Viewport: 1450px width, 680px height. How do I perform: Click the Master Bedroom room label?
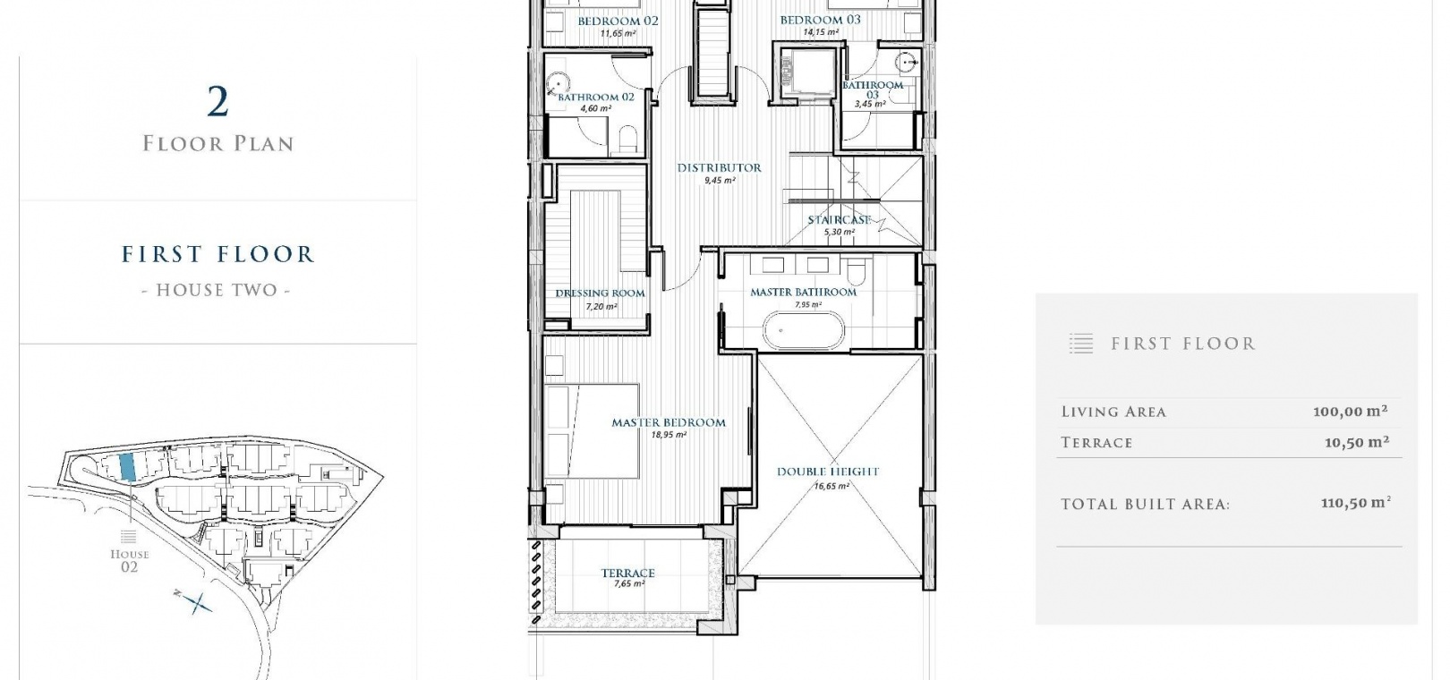669,422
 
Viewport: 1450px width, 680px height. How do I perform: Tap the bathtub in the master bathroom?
804,331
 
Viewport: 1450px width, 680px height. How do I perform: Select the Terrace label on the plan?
628,574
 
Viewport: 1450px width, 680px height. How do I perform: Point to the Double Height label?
828,472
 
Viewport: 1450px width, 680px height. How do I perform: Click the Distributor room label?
719,167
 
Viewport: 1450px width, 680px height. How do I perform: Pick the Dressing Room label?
600,293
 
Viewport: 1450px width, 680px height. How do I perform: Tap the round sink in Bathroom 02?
558,84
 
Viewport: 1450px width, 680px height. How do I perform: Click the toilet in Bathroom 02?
628,138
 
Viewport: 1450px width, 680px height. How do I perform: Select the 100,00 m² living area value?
1351,412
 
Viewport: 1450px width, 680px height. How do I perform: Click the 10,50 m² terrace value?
1357,443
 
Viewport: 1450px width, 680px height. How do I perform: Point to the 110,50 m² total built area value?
1356,504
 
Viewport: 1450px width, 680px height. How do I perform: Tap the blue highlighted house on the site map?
127,466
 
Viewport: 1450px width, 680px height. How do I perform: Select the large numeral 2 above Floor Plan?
218,102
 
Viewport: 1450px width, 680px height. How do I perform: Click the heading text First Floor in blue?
218,253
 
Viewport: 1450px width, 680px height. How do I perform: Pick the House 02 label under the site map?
130,560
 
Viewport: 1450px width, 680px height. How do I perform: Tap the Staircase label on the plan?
839,220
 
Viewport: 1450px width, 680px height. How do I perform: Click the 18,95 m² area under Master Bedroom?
669,435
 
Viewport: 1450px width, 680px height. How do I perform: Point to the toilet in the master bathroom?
856,271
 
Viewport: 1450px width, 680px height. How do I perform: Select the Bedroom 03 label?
820,20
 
